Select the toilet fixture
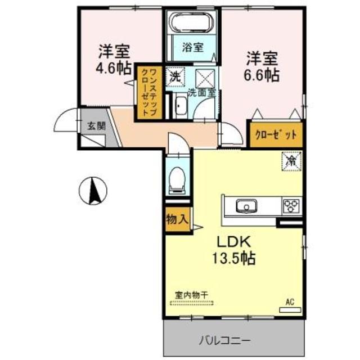click(177, 179)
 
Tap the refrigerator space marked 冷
click(291, 161)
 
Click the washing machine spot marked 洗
click(175, 78)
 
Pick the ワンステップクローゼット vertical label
click(149, 92)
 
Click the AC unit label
click(290, 302)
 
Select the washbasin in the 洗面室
click(181, 106)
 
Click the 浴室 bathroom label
click(192, 48)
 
